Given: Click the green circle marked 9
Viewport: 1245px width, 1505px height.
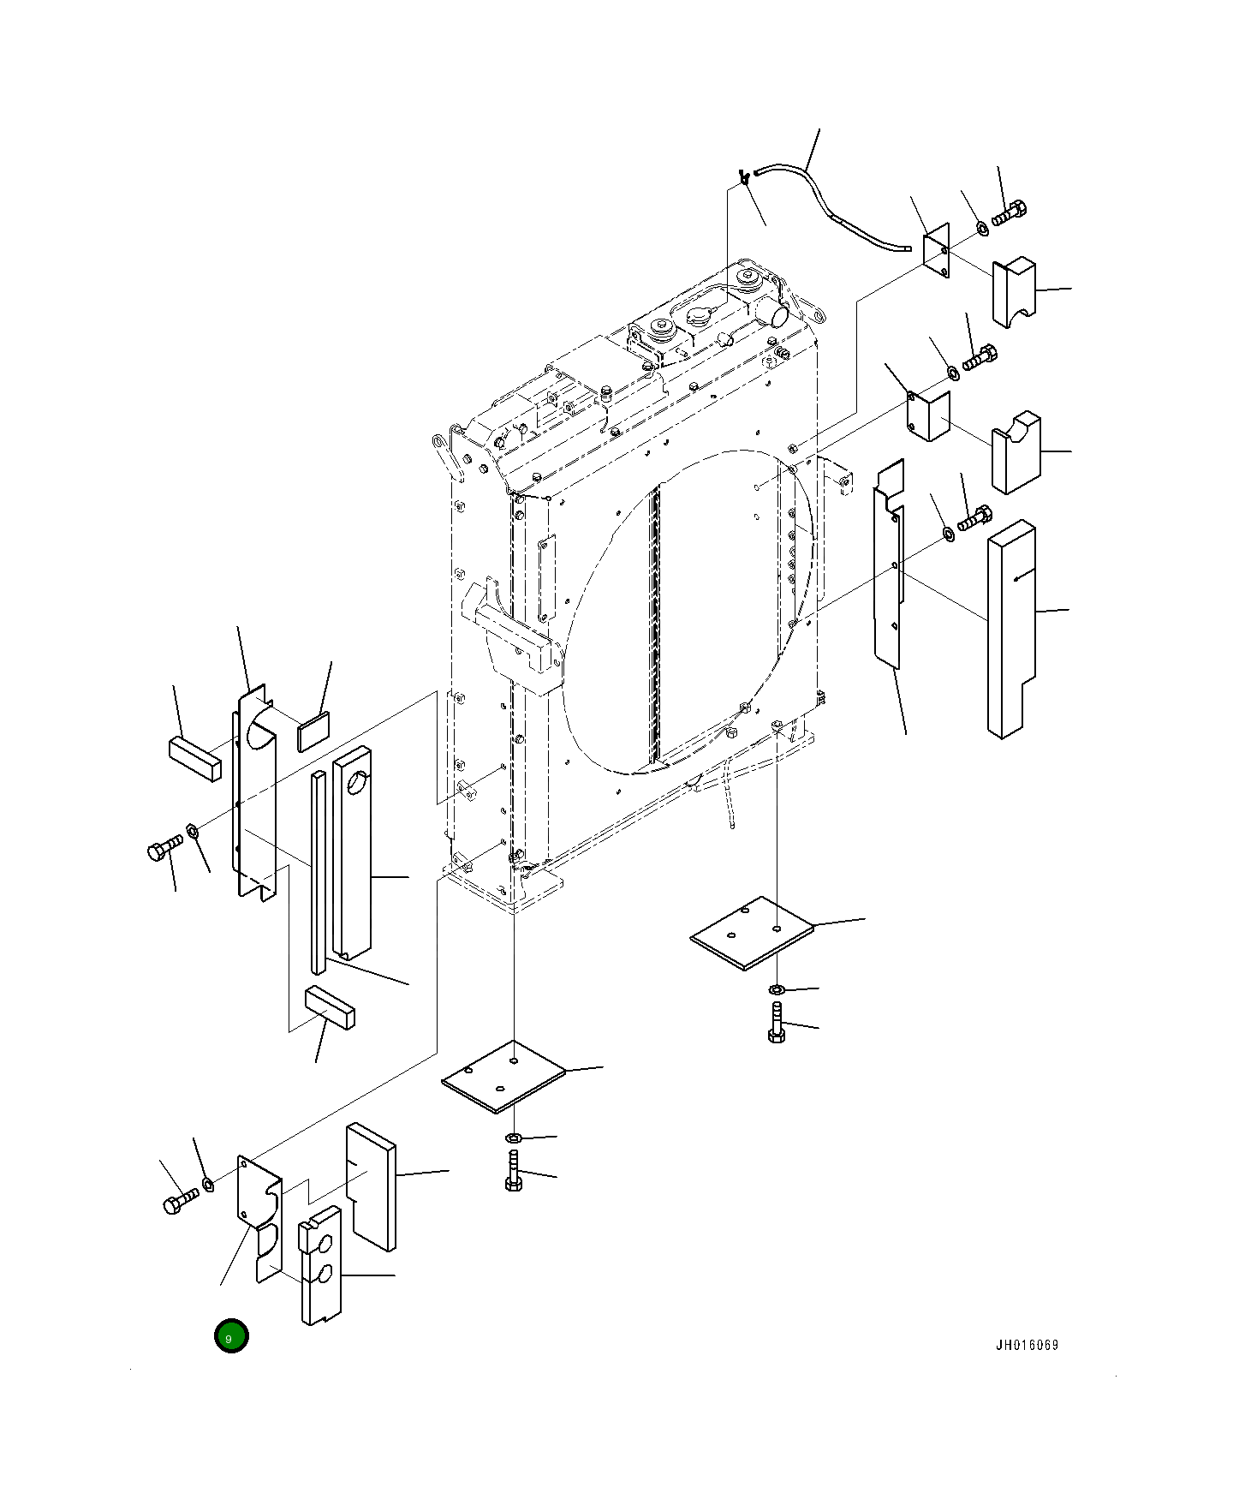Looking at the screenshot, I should (231, 1337).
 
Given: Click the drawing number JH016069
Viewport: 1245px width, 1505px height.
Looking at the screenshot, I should (1026, 1345).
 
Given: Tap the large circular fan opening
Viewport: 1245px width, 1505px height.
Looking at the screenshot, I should (685, 612).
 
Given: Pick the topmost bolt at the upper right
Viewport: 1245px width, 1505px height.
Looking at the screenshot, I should (1010, 213).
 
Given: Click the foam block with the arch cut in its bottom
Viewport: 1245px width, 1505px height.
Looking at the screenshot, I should (1014, 293).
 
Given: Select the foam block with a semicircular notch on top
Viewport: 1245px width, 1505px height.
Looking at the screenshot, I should (1016, 451).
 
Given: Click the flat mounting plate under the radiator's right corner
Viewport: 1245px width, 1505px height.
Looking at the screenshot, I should (752, 934).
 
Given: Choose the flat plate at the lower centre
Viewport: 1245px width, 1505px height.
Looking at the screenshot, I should (503, 1077).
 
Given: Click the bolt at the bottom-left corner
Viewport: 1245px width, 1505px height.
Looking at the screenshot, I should (180, 1200).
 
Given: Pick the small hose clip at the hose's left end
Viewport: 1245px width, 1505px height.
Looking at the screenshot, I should (744, 179).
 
